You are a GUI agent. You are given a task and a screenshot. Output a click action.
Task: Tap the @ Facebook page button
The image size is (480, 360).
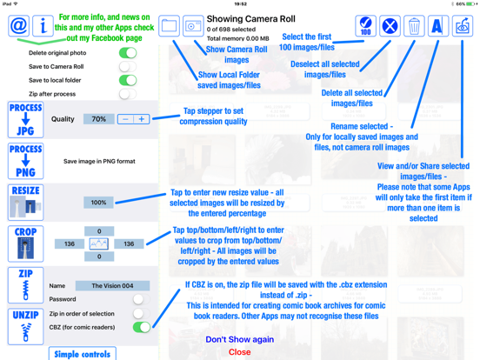point(19,26)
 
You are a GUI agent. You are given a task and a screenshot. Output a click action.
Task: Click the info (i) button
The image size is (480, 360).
point(43,26)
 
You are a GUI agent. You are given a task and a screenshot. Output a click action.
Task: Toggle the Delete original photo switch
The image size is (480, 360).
point(128,53)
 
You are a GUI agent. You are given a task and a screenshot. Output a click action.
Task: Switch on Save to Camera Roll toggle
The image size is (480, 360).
point(128,66)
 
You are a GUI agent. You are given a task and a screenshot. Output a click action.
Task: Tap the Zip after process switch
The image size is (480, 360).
point(128,94)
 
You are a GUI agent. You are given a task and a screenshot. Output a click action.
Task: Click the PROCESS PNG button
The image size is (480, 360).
point(26,161)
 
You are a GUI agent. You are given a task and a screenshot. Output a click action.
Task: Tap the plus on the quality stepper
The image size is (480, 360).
point(142,119)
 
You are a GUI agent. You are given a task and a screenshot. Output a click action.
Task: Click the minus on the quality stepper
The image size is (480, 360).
point(125,119)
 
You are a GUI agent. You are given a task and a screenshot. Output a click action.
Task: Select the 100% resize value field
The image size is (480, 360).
point(98,203)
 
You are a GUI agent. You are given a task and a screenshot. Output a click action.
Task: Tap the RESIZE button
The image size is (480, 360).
point(26,203)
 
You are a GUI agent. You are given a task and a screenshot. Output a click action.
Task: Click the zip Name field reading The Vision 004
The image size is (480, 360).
point(113,285)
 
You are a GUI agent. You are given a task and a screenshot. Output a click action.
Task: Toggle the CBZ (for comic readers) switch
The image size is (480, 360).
point(142,327)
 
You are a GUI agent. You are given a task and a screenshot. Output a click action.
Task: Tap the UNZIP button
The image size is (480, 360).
point(26,327)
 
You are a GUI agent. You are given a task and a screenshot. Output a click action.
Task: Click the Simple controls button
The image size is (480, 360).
point(83,354)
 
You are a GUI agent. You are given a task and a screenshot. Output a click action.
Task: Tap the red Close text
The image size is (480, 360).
point(240,352)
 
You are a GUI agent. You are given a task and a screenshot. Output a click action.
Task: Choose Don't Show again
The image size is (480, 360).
point(240,339)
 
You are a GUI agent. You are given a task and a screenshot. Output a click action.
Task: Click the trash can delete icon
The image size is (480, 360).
point(414,26)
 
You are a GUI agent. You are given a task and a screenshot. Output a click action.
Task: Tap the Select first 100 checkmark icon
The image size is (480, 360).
point(366,26)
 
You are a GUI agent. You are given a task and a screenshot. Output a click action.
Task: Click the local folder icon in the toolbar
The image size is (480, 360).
point(169,26)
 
